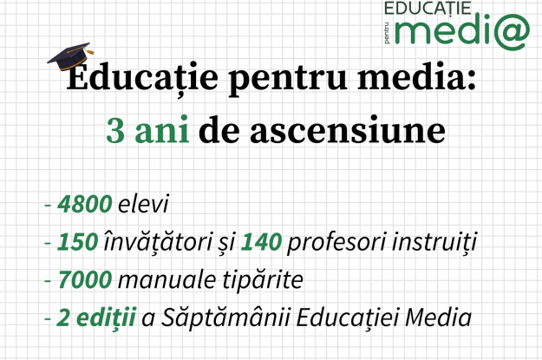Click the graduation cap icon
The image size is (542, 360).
point(70,56)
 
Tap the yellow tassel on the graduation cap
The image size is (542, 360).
point(89,51)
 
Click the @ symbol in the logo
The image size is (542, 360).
point(512,32)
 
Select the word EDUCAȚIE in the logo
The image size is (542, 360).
point(428,8)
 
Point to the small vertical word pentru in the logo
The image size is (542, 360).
point(387,33)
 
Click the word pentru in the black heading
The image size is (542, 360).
point(288,79)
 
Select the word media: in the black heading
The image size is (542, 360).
point(417,76)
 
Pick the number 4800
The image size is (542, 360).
point(85,204)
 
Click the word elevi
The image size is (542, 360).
point(143,203)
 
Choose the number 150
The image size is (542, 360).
point(77,242)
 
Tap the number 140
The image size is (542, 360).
point(261,242)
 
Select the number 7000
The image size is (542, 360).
point(85,280)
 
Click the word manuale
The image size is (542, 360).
point(167,279)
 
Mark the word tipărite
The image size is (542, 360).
point(263,280)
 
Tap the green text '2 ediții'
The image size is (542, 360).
point(96,317)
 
